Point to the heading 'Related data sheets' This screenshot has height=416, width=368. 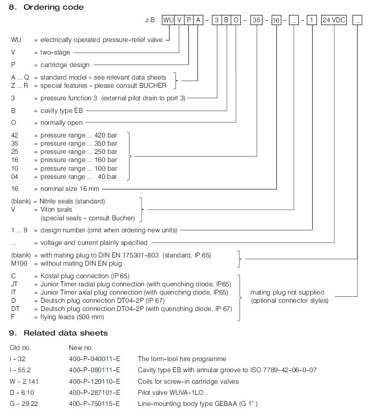(x=66, y=333)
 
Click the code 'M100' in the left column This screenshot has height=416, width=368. (x=19, y=263)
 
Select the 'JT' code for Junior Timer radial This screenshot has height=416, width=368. (x=14, y=284)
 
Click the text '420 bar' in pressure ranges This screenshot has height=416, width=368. (x=105, y=135)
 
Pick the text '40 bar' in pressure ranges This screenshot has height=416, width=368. (x=107, y=176)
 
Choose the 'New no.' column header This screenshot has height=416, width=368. (x=81, y=347)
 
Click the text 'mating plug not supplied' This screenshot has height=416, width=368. (x=287, y=292)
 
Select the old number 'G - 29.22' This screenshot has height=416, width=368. (x=23, y=403)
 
